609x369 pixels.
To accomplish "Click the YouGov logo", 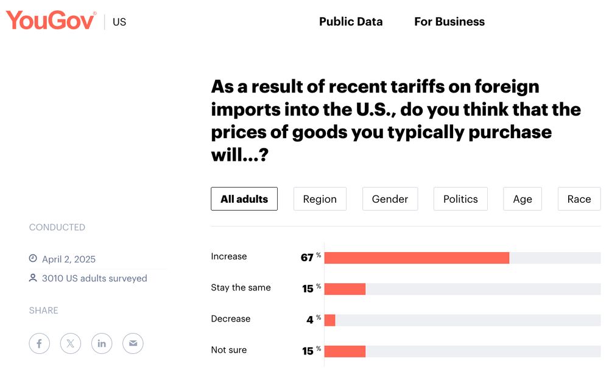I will [51, 20].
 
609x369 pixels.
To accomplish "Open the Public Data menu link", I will [351, 21].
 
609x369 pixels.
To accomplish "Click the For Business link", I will [449, 21].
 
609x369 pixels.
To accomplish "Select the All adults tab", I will [244, 199].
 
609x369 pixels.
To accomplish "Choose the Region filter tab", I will [320, 199].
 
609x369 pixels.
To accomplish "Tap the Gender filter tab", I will [390, 199].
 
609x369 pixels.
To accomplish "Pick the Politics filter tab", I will [460, 199].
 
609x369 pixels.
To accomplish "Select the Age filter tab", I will [523, 199].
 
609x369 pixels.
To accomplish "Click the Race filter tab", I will [579, 199].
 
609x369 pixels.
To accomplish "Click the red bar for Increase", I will [417, 258].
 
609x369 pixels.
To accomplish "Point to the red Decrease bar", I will [329, 320].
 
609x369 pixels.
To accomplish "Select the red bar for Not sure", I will [345, 351].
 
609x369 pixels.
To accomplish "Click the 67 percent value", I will [308, 258].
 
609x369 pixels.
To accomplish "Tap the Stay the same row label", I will [241, 287].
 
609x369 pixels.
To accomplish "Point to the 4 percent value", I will [310, 320].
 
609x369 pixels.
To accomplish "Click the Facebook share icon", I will [39, 343].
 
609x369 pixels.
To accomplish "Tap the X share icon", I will [71, 343].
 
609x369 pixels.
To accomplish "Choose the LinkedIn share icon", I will [102, 343].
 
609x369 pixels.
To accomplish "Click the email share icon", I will [133, 343].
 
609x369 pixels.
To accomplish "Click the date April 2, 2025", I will [69, 259].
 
